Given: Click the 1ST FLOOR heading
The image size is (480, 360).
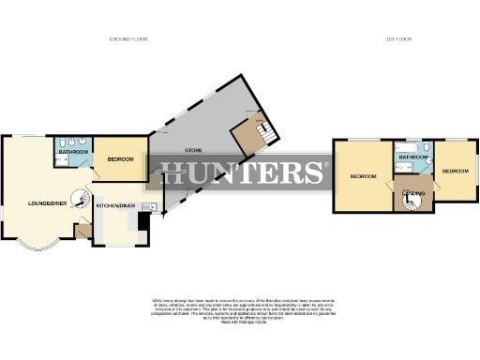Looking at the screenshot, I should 398,38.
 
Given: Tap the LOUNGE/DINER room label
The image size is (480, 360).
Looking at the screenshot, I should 47,202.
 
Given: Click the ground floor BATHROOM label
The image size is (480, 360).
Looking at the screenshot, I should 73,151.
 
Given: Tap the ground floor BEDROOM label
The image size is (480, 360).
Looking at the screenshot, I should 120,159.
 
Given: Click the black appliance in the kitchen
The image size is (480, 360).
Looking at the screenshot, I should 142,221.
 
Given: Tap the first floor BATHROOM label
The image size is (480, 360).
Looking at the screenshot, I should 412,157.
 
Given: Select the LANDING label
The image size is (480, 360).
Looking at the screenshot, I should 413,194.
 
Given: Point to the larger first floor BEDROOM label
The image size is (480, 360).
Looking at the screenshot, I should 363,176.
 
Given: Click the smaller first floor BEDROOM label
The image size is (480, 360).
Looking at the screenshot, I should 455,172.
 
